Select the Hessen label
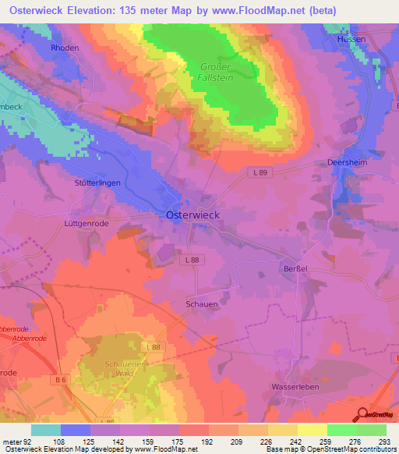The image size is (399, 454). (351, 38)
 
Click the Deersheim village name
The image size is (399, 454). (344, 164)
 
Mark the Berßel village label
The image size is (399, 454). (293, 268)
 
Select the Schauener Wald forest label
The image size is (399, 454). (125, 369)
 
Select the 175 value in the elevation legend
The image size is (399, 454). (164, 442)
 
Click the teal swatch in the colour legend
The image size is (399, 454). (46, 430)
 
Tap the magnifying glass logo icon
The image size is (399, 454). (362, 415)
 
